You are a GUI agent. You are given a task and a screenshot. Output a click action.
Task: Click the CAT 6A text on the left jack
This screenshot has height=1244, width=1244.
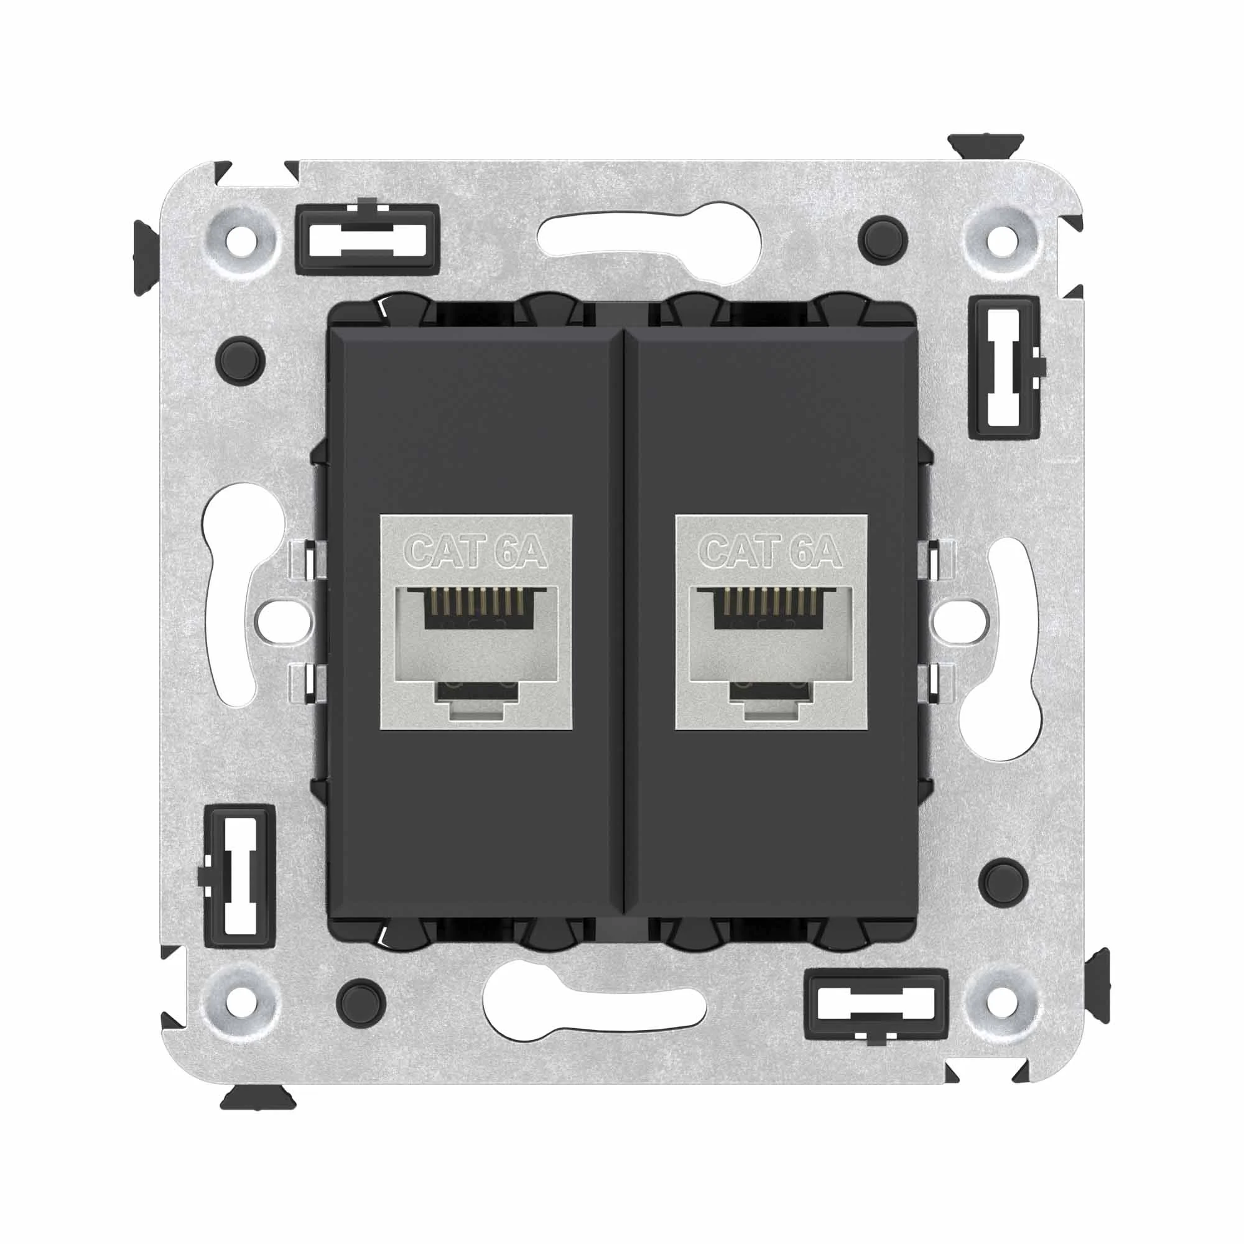coord(476,552)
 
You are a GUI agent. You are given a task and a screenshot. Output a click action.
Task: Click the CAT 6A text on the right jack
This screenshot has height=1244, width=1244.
coord(771,552)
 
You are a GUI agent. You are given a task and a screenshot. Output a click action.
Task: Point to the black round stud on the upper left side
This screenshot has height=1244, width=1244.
coord(241,359)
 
